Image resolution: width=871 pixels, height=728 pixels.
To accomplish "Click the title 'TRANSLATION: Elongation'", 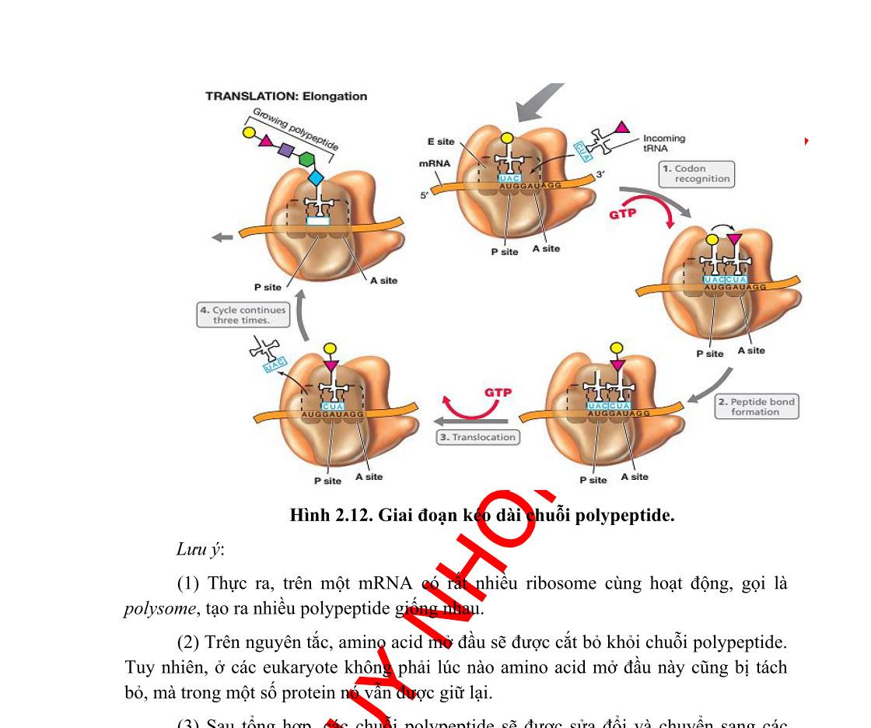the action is pos(285,96).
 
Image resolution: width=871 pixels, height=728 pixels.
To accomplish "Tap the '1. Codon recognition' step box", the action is pos(695,173).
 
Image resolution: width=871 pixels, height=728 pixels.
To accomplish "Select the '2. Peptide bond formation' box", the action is pos(755,407).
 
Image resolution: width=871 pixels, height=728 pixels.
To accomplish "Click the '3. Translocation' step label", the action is pos(477,437).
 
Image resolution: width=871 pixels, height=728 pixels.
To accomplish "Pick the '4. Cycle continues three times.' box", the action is pos(242,315).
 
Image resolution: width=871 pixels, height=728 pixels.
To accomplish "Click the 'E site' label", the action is pos(441,142).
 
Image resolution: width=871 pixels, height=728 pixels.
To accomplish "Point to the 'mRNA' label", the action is pos(432,164).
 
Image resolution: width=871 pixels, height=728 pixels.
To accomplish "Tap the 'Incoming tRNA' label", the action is pos(664,142).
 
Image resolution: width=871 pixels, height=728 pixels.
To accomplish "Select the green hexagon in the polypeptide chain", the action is pos(305,162).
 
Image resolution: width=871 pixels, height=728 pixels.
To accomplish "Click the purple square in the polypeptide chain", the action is pos(285,149).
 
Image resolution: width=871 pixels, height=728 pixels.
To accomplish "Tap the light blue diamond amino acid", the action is pos(315,179).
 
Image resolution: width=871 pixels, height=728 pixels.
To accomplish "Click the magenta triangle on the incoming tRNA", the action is pos(622,127).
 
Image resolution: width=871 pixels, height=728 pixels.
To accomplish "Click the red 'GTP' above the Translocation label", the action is pos(498,392).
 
